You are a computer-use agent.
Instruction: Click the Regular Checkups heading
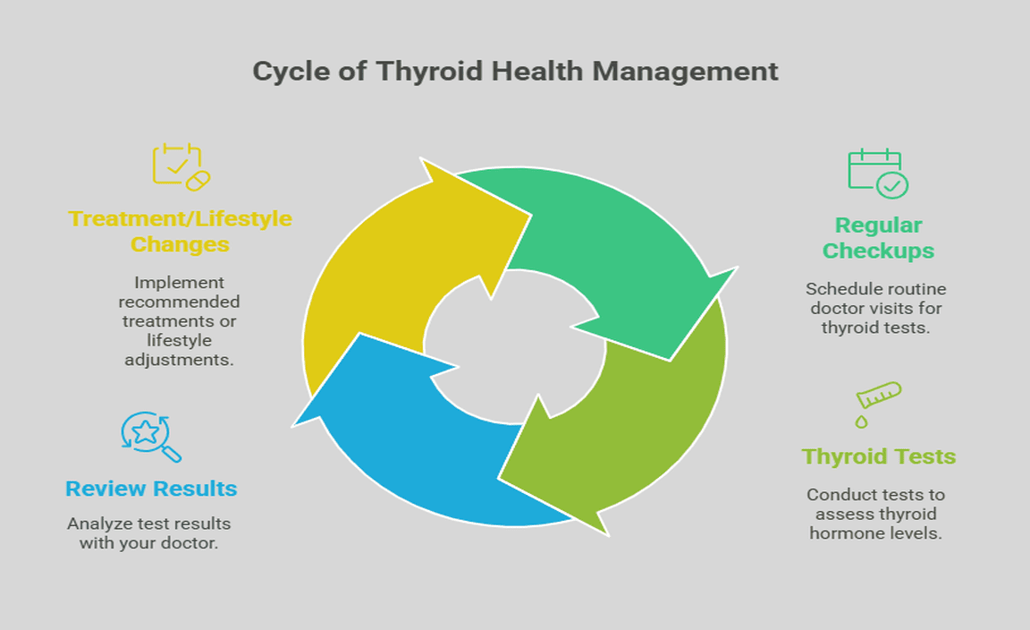878,237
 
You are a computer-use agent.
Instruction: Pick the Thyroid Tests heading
878,456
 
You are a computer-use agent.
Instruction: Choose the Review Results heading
151,489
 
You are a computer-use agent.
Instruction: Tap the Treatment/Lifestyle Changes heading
180,231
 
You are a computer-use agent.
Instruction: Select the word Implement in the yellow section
179,282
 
